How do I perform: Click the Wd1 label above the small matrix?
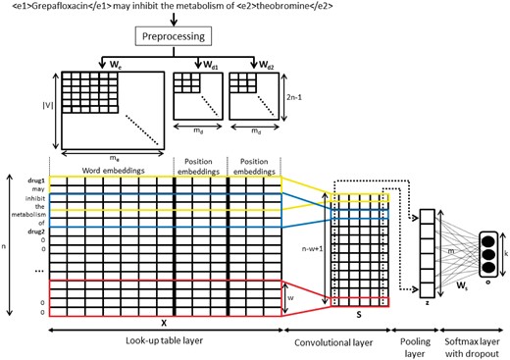(x=213, y=64)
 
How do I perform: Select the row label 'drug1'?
(x=32, y=181)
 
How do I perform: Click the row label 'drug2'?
(x=32, y=236)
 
